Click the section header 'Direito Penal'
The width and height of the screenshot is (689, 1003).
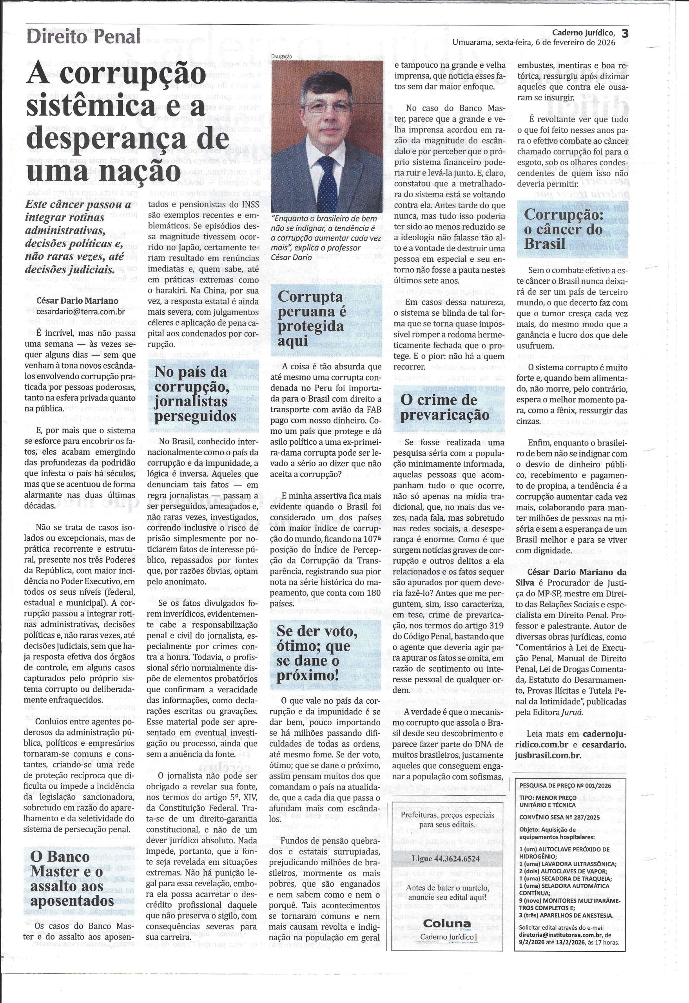[83, 37]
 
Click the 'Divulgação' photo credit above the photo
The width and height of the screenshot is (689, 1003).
[282, 56]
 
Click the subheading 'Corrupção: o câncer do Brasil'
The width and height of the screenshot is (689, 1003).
[563, 229]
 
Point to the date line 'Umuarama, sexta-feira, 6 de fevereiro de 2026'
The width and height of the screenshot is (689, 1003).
[534, 42]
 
